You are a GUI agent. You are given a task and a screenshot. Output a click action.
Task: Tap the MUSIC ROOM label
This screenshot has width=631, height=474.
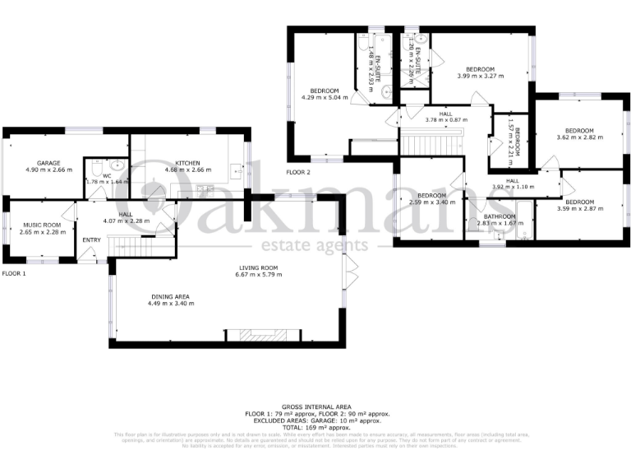(42, 224)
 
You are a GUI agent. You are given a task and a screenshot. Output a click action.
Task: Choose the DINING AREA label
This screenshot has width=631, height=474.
(171, 296)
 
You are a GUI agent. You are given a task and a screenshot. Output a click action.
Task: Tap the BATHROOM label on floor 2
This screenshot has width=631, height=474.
(499, 216)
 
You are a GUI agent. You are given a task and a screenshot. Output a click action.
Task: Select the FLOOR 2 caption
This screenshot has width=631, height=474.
(298, 173)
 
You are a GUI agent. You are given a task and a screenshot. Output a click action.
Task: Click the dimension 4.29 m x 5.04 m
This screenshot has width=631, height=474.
(325, 97)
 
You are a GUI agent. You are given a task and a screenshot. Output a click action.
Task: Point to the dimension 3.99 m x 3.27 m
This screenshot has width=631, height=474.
(480, 76)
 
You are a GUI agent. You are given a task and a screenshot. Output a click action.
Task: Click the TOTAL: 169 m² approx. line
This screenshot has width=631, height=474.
(315, 428)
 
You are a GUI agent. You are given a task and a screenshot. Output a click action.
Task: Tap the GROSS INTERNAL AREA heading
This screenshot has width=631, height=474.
(315, 407)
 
